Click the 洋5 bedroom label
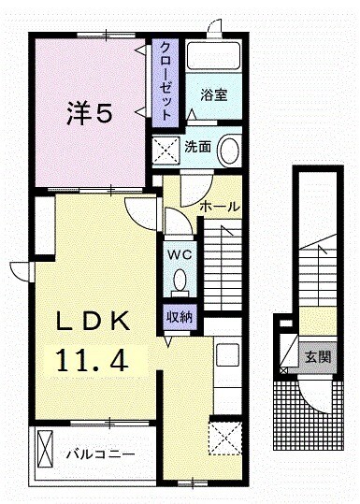tap(89, 114)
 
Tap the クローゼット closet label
tap(166, 80)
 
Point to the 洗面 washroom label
tap(196, 147)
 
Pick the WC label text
tap(180, 254)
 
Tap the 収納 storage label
tap(180, 316)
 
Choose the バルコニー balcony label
tap(101, 454)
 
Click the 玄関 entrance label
tap(316, 357)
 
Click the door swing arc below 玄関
tap(316, 394)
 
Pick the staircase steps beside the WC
tap(223, 266)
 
